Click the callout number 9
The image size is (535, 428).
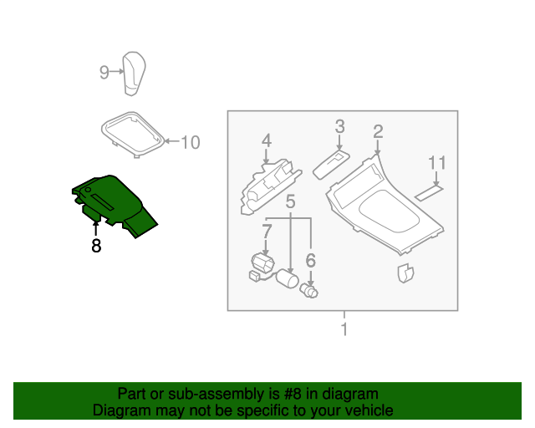104,73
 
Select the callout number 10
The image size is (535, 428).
191,143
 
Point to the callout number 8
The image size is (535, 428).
96,247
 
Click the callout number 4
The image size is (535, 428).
266,140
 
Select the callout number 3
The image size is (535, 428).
340,126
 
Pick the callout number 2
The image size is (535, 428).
378,131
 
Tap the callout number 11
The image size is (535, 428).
437,161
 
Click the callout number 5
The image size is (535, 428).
290,201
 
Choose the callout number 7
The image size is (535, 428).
267,230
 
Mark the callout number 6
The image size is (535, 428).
310,261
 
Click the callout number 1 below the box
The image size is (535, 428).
343,329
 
